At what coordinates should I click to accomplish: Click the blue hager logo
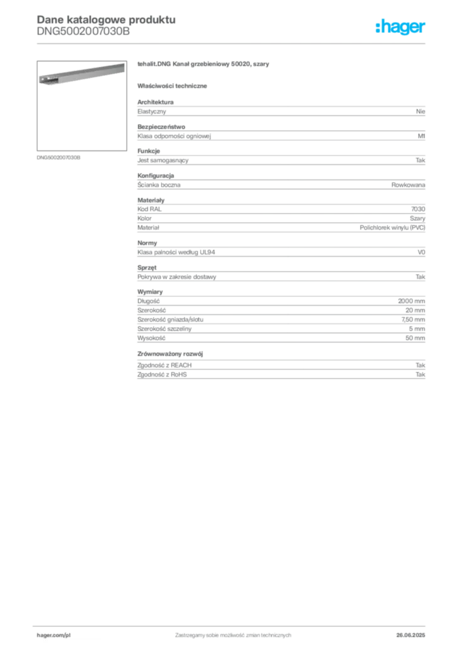[x=400, y=27]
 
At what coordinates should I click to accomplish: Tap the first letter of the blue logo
[x=378, y=27]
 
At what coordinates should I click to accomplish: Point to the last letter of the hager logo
[x=424, y=28]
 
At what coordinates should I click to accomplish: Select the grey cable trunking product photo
[x=79, y=75]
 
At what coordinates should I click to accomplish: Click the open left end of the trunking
[x=42, y=80]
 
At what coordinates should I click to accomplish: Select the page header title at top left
[x=104, y=19]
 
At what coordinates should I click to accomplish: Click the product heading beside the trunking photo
[x=205, y=65]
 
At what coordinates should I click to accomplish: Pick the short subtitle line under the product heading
[x=175, y=85]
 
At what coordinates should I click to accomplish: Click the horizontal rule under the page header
[x=232, y=43]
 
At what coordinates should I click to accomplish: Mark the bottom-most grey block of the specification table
[x=280, y=366]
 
